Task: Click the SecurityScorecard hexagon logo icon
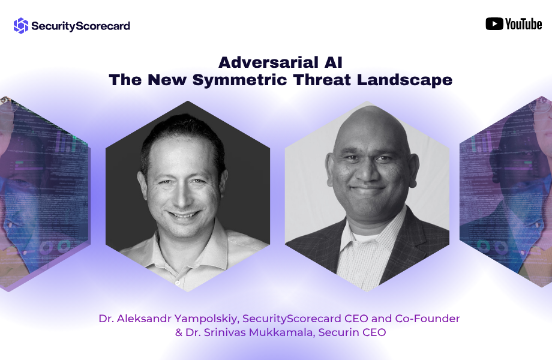coord(21,26)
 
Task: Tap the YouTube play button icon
coord(494,24)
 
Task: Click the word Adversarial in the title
coord(268,62)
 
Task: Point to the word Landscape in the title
coord(404,80)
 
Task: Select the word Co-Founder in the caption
coord(427,319)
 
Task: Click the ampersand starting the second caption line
coord(178,332)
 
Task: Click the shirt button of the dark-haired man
coord(178,283)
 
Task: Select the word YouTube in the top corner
coord(523,24)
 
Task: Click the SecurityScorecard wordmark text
coord(80,26)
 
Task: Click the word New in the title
coord(167,80)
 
